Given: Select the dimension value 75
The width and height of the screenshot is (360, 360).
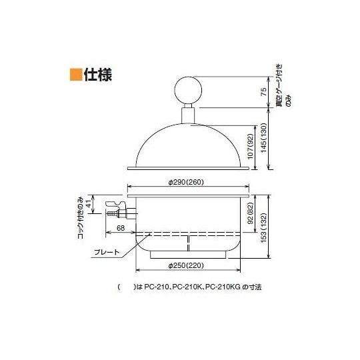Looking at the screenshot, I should [x=264, y=93].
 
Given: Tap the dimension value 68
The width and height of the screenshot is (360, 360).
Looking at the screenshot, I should [x=120, y=229].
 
